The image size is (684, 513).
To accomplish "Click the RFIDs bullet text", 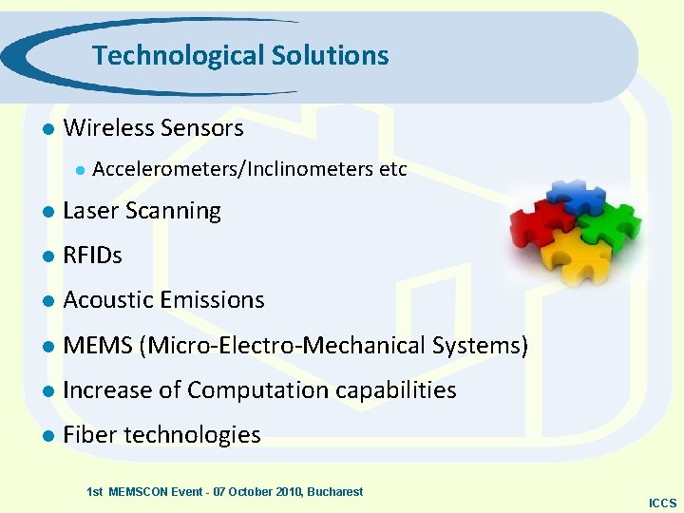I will coord(92,256).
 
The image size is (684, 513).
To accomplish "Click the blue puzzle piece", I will coord(574,195).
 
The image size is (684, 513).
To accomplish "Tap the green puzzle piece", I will coord(608,225).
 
